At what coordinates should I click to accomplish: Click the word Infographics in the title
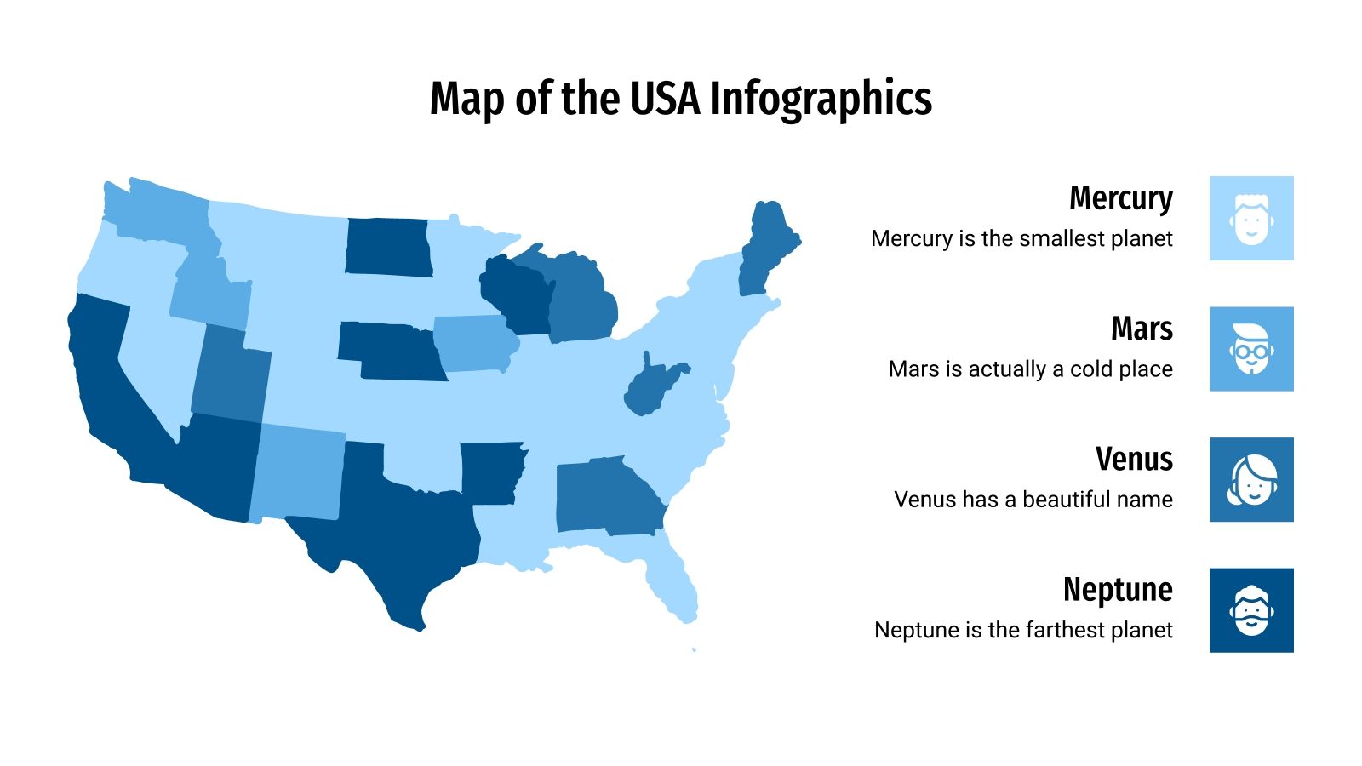coord(821,99)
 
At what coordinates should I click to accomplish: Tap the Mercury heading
coord(1120,198)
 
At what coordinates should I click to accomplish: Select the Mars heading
coord(1142,329)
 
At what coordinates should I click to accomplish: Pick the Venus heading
coord(1134,460)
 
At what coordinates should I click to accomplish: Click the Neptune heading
coord(1118,590)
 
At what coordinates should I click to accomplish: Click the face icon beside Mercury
coord(1251,219)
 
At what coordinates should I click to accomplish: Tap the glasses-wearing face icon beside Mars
coord(1251,349)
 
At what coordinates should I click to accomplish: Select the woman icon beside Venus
coord(1251,480)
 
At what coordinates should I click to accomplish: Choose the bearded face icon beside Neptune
coord(1251,610)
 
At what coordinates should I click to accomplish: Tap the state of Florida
coord(672,579)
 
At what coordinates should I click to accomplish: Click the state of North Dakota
coord(387,247)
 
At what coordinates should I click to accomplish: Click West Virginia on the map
coord(651,387)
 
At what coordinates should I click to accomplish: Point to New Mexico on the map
coord(298,472)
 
